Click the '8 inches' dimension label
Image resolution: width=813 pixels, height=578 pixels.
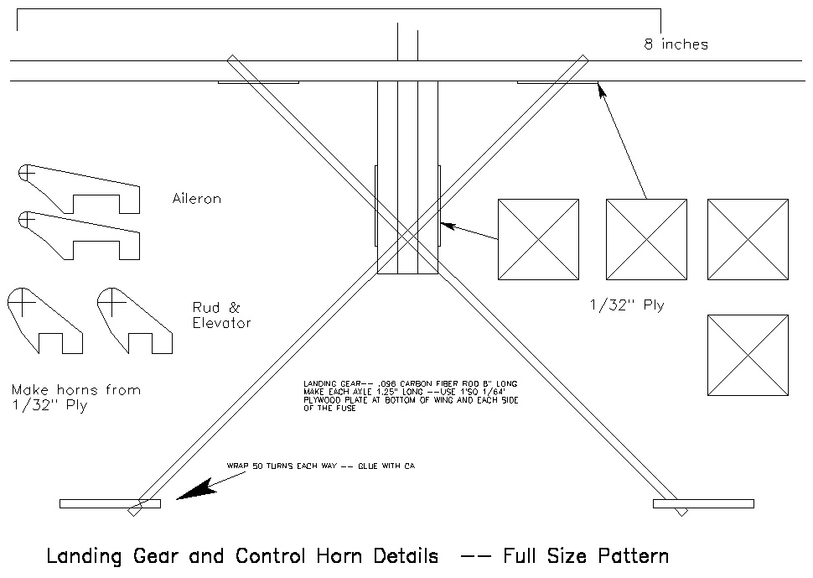click(x=676, y=44)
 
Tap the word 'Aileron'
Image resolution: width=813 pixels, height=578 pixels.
click(x=197, y=200)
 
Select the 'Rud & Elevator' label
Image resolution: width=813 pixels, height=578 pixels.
click(x=221, y=315)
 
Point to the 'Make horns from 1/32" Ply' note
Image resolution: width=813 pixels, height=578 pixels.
click(x=75, y=398)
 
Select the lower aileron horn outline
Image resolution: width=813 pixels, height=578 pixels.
click(x=80, y=235)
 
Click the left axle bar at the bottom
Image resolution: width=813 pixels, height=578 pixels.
click(x=109, y=503)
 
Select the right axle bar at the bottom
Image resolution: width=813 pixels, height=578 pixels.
click(x=702, y=503)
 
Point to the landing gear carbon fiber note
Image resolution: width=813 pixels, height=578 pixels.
click(x=411, y=396)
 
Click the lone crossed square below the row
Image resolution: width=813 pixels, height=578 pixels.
click(x=748, y=355)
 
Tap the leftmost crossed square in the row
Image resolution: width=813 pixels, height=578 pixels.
click(x=538, y=239)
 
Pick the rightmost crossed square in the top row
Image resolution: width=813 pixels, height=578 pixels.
click(x=748, y=239)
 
